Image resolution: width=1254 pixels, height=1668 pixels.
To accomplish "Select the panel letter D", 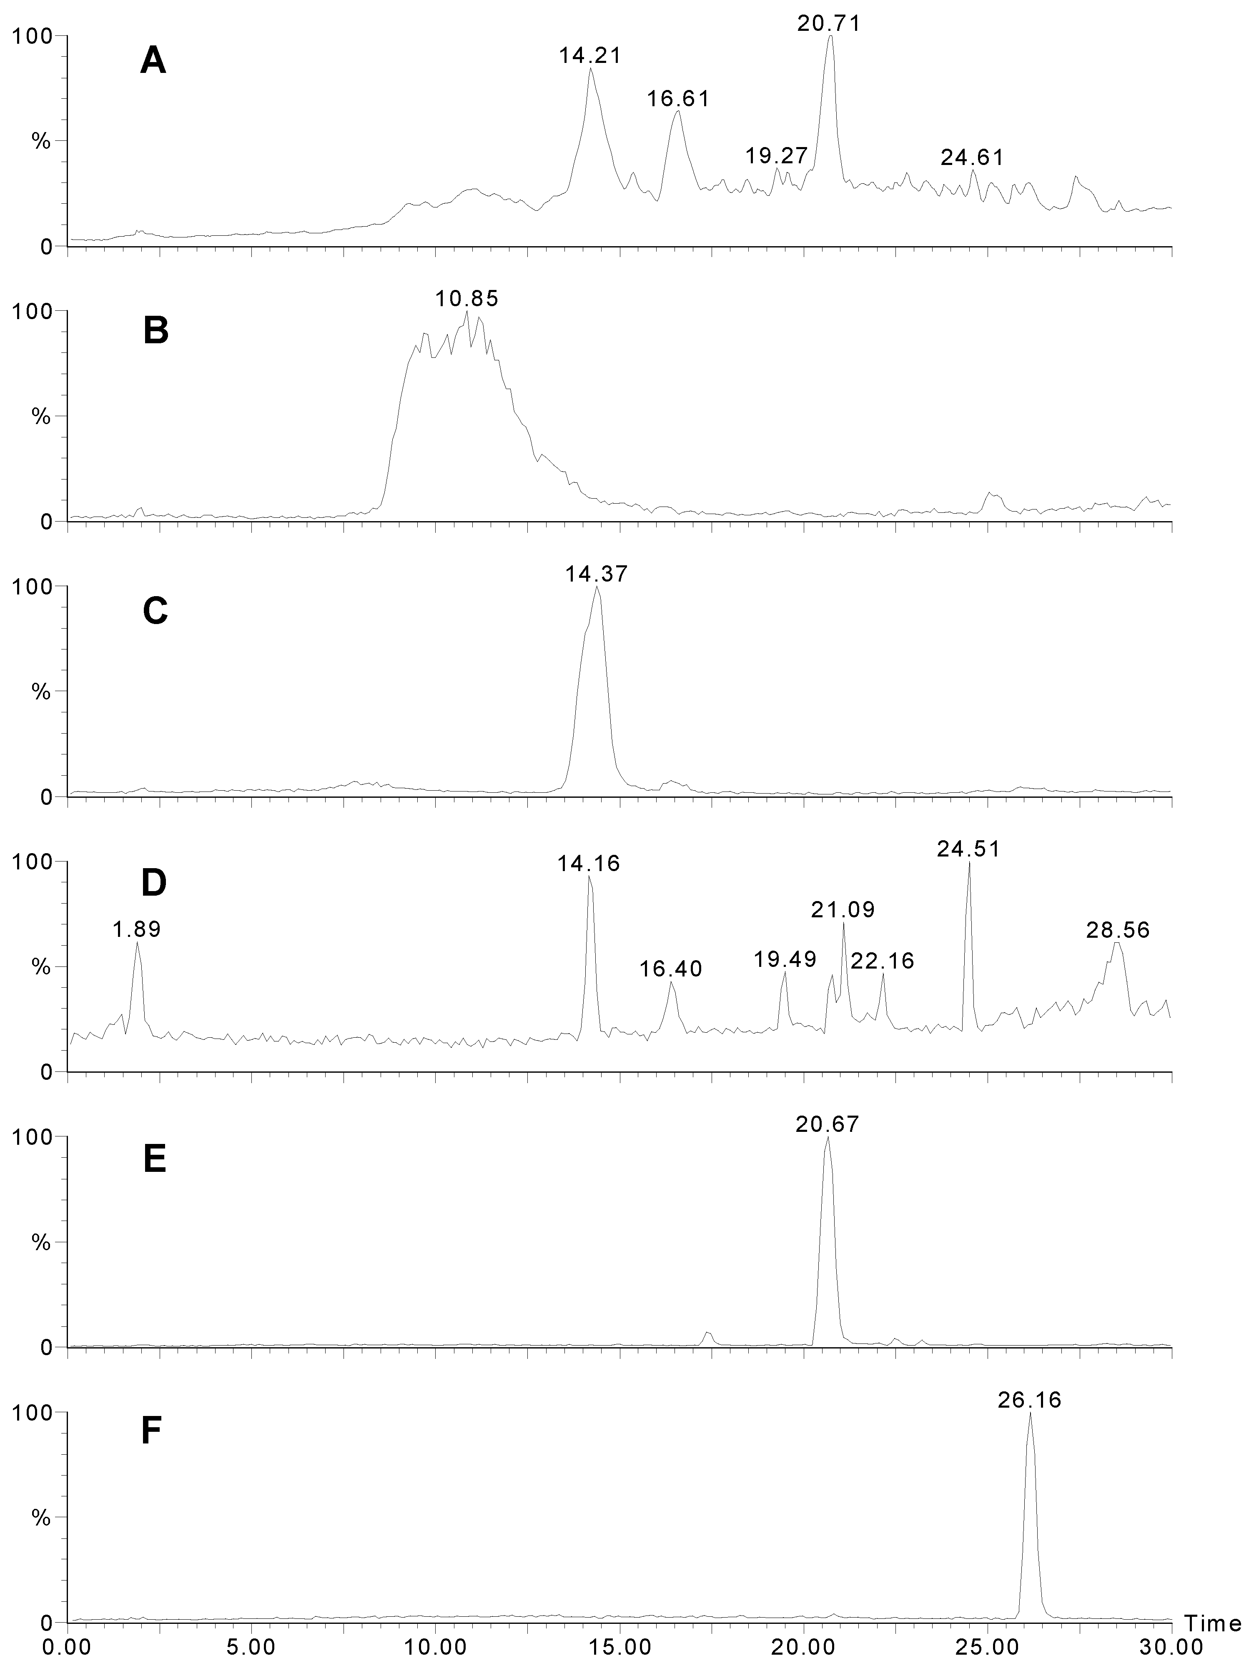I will click(154, 884).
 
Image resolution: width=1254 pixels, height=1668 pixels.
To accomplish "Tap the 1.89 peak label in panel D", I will click(137, 929).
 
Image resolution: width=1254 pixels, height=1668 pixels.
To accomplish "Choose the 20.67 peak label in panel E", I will click(827, 1124).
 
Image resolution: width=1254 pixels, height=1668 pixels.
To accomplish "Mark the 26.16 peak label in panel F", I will click(1029, 1400).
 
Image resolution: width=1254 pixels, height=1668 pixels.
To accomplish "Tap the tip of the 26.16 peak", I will click(1029, 1413).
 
